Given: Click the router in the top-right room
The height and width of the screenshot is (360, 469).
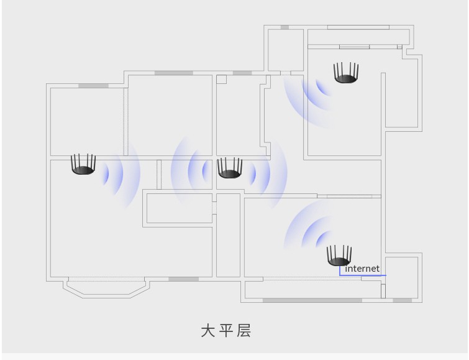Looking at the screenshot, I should point(346,73).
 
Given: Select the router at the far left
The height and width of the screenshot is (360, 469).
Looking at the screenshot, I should point(83,165).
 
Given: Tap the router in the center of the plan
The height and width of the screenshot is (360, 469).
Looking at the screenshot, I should point(229,168).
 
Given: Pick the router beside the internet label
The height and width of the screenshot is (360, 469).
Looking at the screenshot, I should point(339,256).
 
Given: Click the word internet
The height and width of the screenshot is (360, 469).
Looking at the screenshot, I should point(362,269).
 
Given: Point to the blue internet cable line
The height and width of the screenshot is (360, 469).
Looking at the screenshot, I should point(363,275).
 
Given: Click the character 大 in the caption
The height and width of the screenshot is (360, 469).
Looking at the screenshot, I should point(207,330).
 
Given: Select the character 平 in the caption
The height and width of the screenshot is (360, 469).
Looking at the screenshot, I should point(226,330).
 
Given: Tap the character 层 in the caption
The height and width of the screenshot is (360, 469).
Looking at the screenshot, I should point(244,330).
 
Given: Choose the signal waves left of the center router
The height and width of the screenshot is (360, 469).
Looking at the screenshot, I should point(193,169).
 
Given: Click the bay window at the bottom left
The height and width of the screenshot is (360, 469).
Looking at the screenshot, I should point(106,287).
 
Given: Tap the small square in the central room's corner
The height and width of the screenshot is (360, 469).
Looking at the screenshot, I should point(221,80).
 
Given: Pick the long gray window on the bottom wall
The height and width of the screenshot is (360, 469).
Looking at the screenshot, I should point(312,300).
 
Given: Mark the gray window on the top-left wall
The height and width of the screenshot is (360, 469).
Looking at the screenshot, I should point(93,85).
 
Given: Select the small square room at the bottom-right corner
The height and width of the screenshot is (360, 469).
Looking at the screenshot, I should point(401,277).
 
